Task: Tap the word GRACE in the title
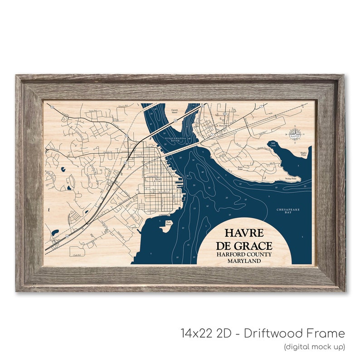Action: pos(257,246)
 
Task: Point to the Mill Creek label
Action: pos(273,144)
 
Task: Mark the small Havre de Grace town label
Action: pos(158,180)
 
